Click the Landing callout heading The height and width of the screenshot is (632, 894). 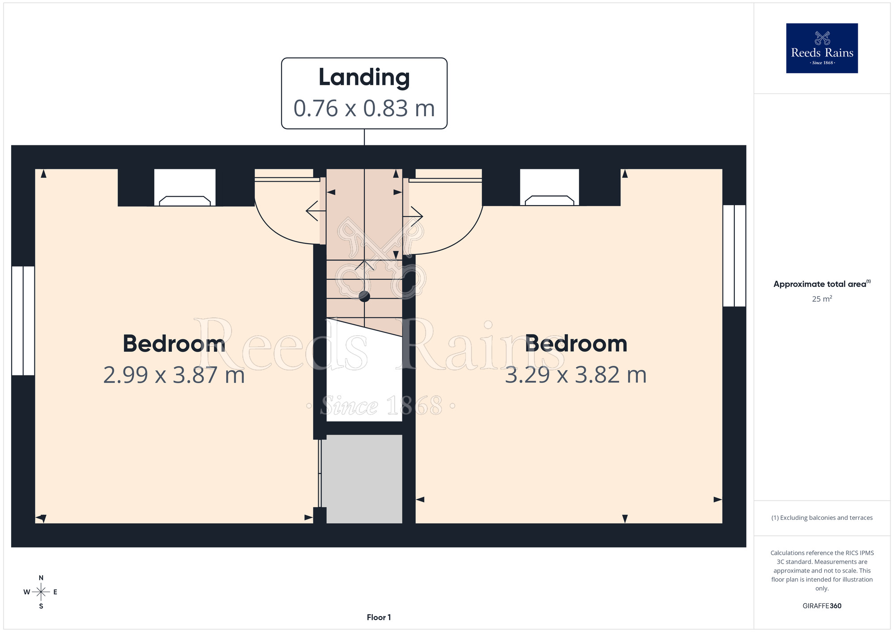[364, 77]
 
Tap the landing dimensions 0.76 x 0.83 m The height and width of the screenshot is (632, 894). [364, 109]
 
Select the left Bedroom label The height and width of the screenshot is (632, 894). [174, 344]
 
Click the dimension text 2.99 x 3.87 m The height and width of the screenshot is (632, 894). [174, 375]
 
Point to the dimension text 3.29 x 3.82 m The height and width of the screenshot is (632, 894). [576, 375]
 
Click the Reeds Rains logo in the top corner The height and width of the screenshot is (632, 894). [822, 48]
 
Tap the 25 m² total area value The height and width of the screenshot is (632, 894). [822, 299]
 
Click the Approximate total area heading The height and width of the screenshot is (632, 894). [822, 284]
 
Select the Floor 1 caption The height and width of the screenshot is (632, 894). [379, 617]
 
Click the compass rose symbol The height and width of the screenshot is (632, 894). [41, 592]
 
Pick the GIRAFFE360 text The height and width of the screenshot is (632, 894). [822, 606]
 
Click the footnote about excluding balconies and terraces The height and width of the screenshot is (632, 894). [822, 518]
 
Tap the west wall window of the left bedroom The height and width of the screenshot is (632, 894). [23, 320]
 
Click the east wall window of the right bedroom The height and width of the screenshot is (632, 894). [734, 256]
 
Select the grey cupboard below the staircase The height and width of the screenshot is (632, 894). [362, 479]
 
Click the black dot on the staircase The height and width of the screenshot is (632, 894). [364, 296]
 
